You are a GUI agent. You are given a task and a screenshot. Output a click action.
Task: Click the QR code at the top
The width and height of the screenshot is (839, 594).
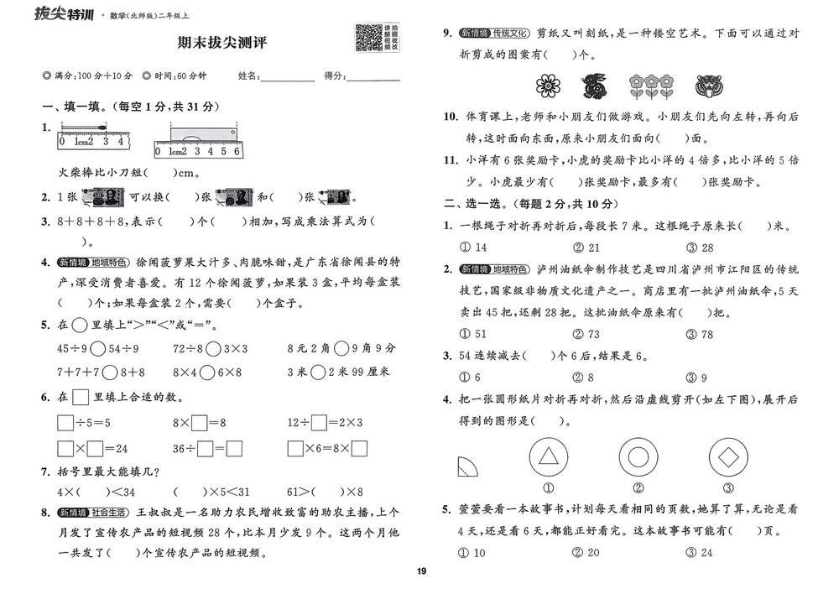[368, 38]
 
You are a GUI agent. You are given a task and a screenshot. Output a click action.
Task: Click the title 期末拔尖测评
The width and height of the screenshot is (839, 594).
[222, 42]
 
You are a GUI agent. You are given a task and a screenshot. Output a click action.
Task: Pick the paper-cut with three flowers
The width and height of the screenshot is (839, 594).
[651, 85]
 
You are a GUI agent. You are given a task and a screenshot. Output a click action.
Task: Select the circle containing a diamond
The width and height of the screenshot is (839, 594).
[727, 457]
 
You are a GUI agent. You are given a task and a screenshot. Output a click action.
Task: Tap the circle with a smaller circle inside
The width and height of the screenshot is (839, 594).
[638, 457]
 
